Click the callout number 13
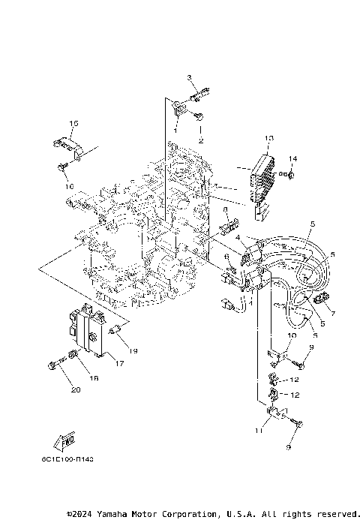[269, 138]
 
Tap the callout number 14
[293, 158]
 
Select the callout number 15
[73, 122]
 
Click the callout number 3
[190, 77]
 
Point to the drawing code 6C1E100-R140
[73, 458]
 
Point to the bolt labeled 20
[53, 366]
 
